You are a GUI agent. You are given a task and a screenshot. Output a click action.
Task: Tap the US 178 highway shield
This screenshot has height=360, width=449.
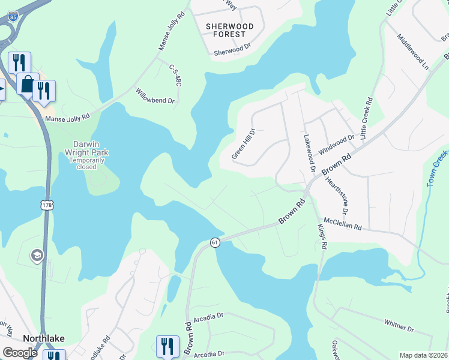click(x=47, y=205)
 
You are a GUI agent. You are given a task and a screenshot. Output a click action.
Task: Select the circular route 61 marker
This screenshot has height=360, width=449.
click(x=214, y=242)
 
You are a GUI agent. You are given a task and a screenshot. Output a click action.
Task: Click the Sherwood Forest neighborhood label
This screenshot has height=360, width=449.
click(x=229, y=31)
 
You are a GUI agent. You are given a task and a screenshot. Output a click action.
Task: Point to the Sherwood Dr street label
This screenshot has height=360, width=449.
click(x=231, y=52)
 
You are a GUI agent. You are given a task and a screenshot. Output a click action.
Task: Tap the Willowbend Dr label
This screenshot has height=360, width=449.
click(x=155, y=97)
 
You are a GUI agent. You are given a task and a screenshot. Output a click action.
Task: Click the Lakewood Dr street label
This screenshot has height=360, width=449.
click(x=308, y=154)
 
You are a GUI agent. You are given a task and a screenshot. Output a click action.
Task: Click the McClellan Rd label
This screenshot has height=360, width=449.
click(x=343, y=224)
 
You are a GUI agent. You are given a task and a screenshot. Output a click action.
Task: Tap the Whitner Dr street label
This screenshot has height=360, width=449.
click(x=399, y=326)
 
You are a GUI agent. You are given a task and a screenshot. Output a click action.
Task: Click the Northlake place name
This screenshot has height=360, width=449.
click(x=44, y=338)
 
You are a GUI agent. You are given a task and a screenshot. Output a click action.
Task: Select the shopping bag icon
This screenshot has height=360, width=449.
click(x=27, y=85)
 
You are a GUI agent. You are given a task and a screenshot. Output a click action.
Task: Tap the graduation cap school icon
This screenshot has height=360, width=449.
click(x=36, y=256)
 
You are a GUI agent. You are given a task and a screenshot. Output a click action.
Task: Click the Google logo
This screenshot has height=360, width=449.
click(x=20, y=352)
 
